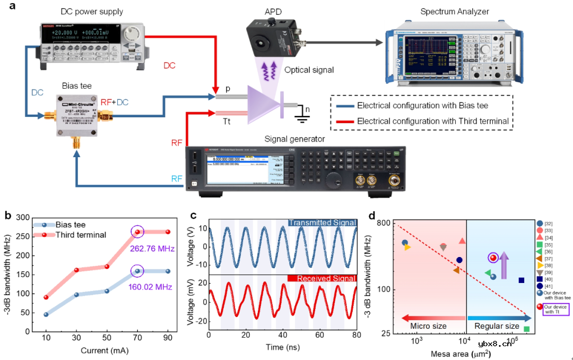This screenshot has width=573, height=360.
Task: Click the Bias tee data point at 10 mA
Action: point(46,314)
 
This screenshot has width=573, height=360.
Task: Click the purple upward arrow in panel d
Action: point(504,264)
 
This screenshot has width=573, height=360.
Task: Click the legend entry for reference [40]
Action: point(547,279)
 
